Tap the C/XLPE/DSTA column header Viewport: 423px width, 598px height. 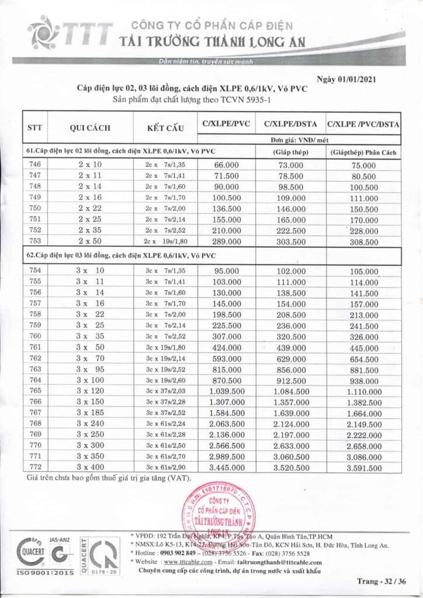(x=290, y=124)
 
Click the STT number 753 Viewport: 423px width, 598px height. (x=35, y=241)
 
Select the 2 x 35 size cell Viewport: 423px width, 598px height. (x=90, y=230)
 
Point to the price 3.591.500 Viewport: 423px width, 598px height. (x=363, y=468)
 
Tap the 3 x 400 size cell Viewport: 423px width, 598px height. (x=90, y=468)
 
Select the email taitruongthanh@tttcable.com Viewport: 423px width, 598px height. (x=280, y=562)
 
